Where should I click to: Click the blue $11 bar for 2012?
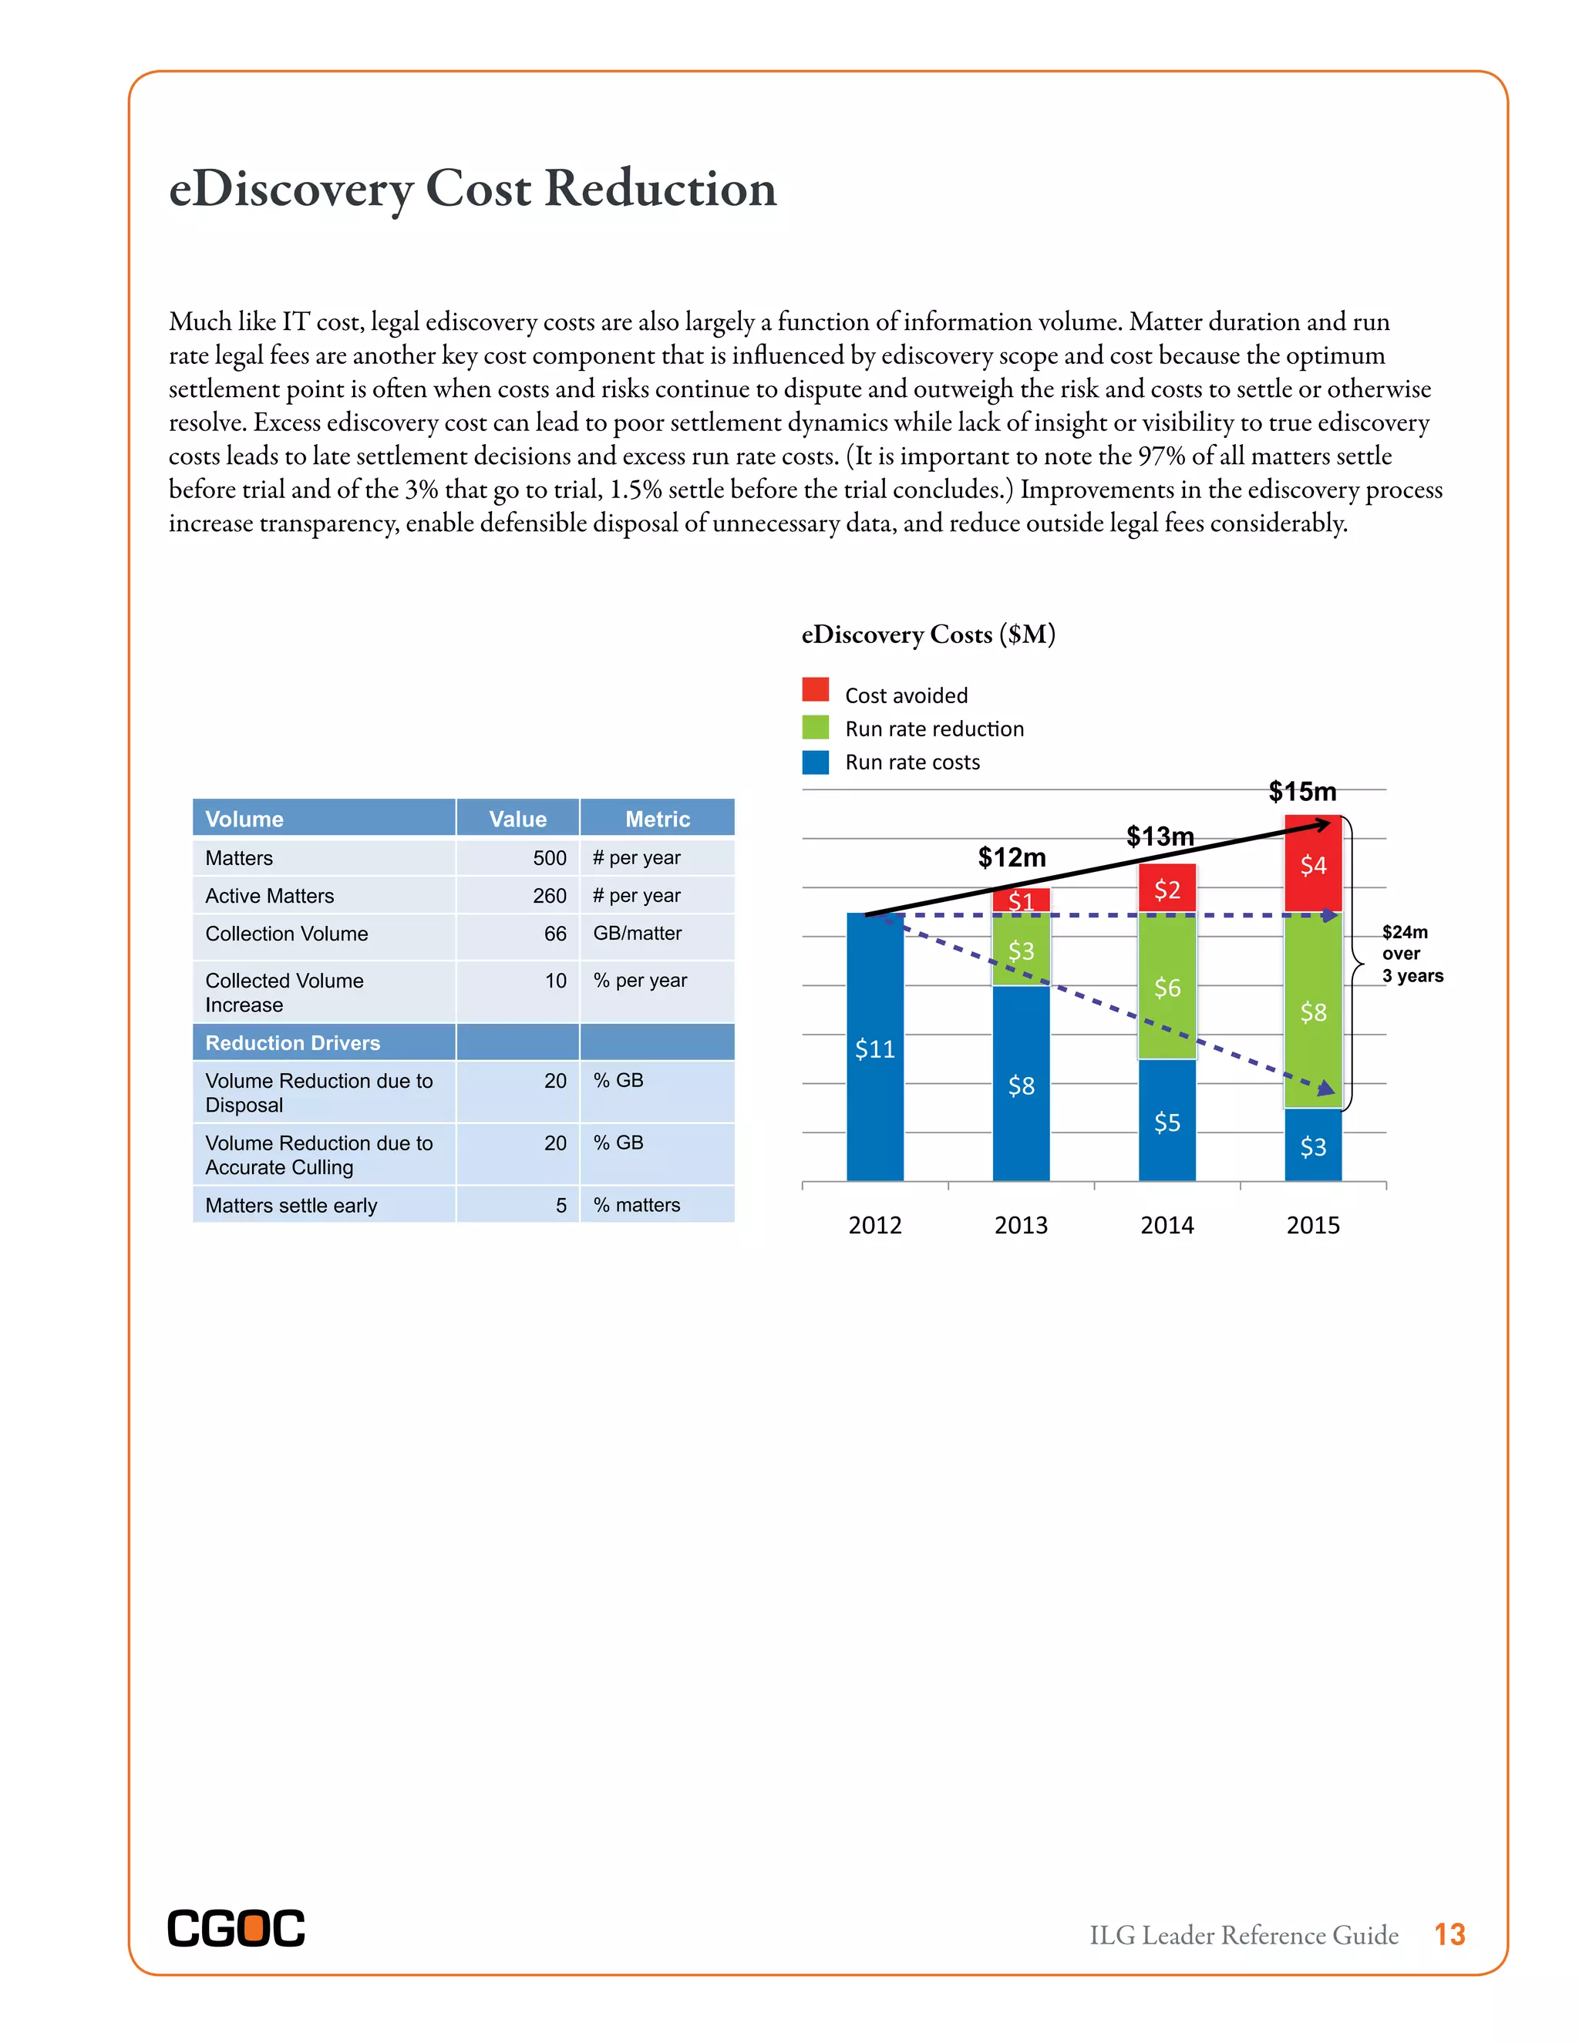click(x=874, y=1048)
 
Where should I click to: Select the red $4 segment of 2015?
click(x=1312, y=864)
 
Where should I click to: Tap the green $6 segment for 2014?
click(x=1167, y=987)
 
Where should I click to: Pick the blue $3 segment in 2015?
click(x=1312, y=1146)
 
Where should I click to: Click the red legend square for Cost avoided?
click(x=816, y=689)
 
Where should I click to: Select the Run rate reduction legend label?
click(x=934, y=729)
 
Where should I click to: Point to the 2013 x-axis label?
click(x=1021, y=1224)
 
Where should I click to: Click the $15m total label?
click(x=1302, y=792)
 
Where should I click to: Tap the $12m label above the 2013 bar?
click(x=1012, y=857)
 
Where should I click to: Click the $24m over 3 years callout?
click(x=1411, y=953)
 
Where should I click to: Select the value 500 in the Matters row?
click(x=549, y=858)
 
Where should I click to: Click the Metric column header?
click(x=657, y=819)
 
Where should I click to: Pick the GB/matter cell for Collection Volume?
click(x=637, y=934)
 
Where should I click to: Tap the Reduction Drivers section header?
click(x=293, y=1042)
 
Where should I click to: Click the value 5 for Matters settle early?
click(x=561, y=1205)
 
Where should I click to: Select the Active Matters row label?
click(x=269, y=895)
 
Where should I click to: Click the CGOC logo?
click(x=236, y=1928)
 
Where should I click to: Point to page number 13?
click(x=1449, y=1934)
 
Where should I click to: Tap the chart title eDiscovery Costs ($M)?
click(x=928, y=634)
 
